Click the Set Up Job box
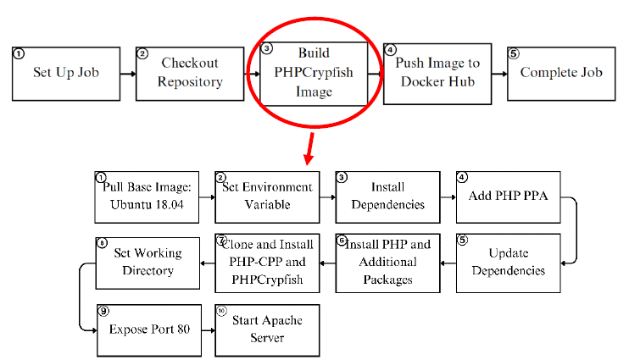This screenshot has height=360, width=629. [x=66, y=73]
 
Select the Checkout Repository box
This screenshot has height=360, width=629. [x=190, y=73]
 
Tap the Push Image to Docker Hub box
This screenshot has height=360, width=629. [x=437, y=73]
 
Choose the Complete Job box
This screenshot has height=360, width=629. [x=560, y=73]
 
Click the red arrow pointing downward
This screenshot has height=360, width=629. [x=310, y=150]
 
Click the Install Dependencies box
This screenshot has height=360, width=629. [x=388, y=197]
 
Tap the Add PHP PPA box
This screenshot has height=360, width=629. [x=509, y=197]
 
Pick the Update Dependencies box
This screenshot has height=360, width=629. [x=509, y=263]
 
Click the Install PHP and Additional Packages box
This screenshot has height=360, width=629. [x=388, y=263]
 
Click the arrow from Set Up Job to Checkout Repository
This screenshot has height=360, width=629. [x=128, y=73]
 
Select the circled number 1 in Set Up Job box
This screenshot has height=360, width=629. [x=18, y=53]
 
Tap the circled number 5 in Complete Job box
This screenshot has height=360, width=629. [x=514, y=53]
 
